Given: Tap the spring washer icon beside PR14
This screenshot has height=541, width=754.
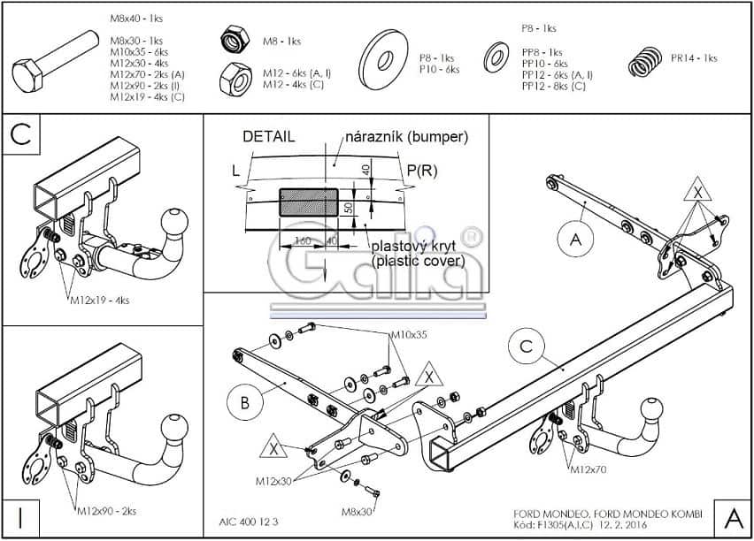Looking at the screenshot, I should pyautogui.click(x=646, y=63).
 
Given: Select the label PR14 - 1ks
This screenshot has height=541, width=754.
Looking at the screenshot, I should pyautogui.click(x=694, y=58).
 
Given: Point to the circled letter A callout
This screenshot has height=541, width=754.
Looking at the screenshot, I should pyautogui.click(x=576, y=238).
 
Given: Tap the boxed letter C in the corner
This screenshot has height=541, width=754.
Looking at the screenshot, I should pyautogui.click(x=23, y=136).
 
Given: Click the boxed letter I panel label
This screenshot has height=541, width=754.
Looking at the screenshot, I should pyautogui.click(x=21, y=516).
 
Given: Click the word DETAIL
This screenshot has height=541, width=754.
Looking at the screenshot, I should pyautogui.click(x=269, y=137).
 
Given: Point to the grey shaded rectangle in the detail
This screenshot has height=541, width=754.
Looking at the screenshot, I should pyautogui.click(x=308, y=202).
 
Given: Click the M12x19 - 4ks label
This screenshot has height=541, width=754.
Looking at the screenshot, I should pyautogui.click(x=99, y=301).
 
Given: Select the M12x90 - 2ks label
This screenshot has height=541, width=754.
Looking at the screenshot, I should pyautogui.click(x=106, y=512).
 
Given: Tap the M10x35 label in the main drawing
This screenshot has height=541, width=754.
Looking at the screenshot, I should pyautogui.click(x=408, y=335).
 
